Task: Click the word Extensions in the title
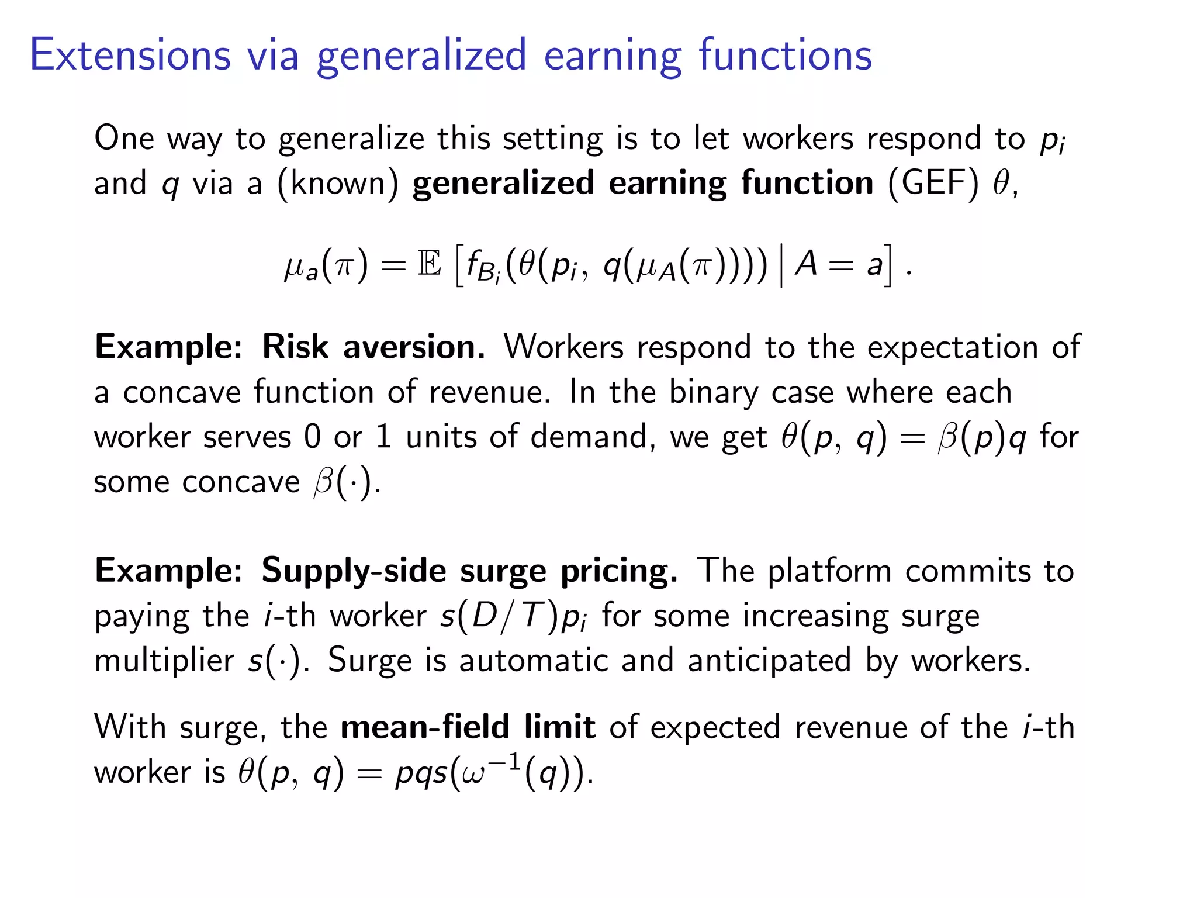tap(130, 55)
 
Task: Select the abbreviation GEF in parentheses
tap(932, 183)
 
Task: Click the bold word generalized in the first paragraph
tap(503, 183)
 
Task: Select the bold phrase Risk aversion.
tap(373, 347)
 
